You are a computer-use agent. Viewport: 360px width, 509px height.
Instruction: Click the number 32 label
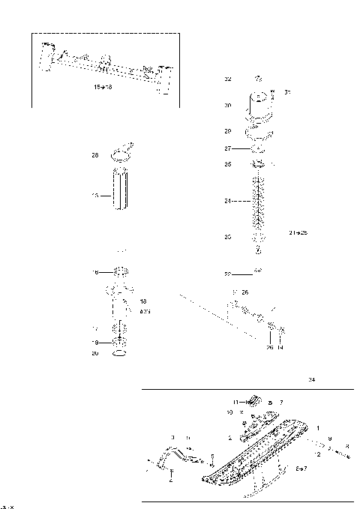coord(228,78)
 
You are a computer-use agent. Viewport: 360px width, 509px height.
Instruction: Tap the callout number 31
coord(287,92)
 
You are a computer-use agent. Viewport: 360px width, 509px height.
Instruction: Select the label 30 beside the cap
coord(228,106)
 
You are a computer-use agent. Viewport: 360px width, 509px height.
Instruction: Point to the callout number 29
coord(228,130)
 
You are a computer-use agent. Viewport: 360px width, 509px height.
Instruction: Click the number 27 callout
coord(228,148)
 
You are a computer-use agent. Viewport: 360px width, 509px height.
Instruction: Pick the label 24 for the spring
coord(228,201)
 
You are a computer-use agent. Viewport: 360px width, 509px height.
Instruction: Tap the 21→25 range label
coord(298,233)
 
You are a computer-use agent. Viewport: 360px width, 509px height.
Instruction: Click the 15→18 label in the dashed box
coord(102,88)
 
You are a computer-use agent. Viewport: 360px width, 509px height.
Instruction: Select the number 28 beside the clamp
coord(95,156)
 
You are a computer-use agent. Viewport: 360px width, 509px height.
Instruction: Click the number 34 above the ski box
coord(311,381)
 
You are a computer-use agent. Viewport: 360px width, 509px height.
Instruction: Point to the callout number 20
coord(95,353)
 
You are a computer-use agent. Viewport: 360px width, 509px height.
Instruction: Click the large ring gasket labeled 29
coord(260,132)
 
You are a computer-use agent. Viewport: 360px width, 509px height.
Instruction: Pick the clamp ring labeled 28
coord(121,154)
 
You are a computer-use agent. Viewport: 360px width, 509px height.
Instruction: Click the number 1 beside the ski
coord(318,428)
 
